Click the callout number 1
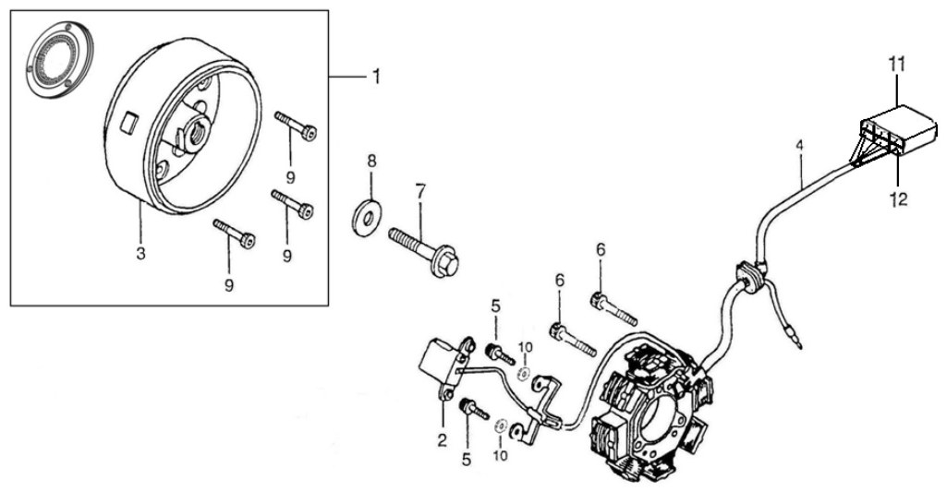pyautogui.click(x=375, y=78)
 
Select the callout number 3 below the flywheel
pyautogui.click(x=140, y=254)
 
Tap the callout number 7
pyautogui.click(x=419, y=193)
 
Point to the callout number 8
pyautogui.click(x=371, y=162)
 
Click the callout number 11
pyautogui.click(x=897, y=62)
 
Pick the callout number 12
pyautogui.click(x=899, y=198)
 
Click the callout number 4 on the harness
pyautogui.click(x=799, y=147)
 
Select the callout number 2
pyautogui.click(x=443, y=440)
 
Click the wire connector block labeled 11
pyautogui.click(x=897, y=130)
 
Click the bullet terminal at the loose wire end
pyautogui.click(x=798, y=343)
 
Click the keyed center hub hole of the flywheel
pyautogui.click(x=197, y=133)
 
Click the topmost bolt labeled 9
pyautogui.click(x=296, y=126)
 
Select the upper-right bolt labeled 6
pyautogui.click(x=613, y=307)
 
